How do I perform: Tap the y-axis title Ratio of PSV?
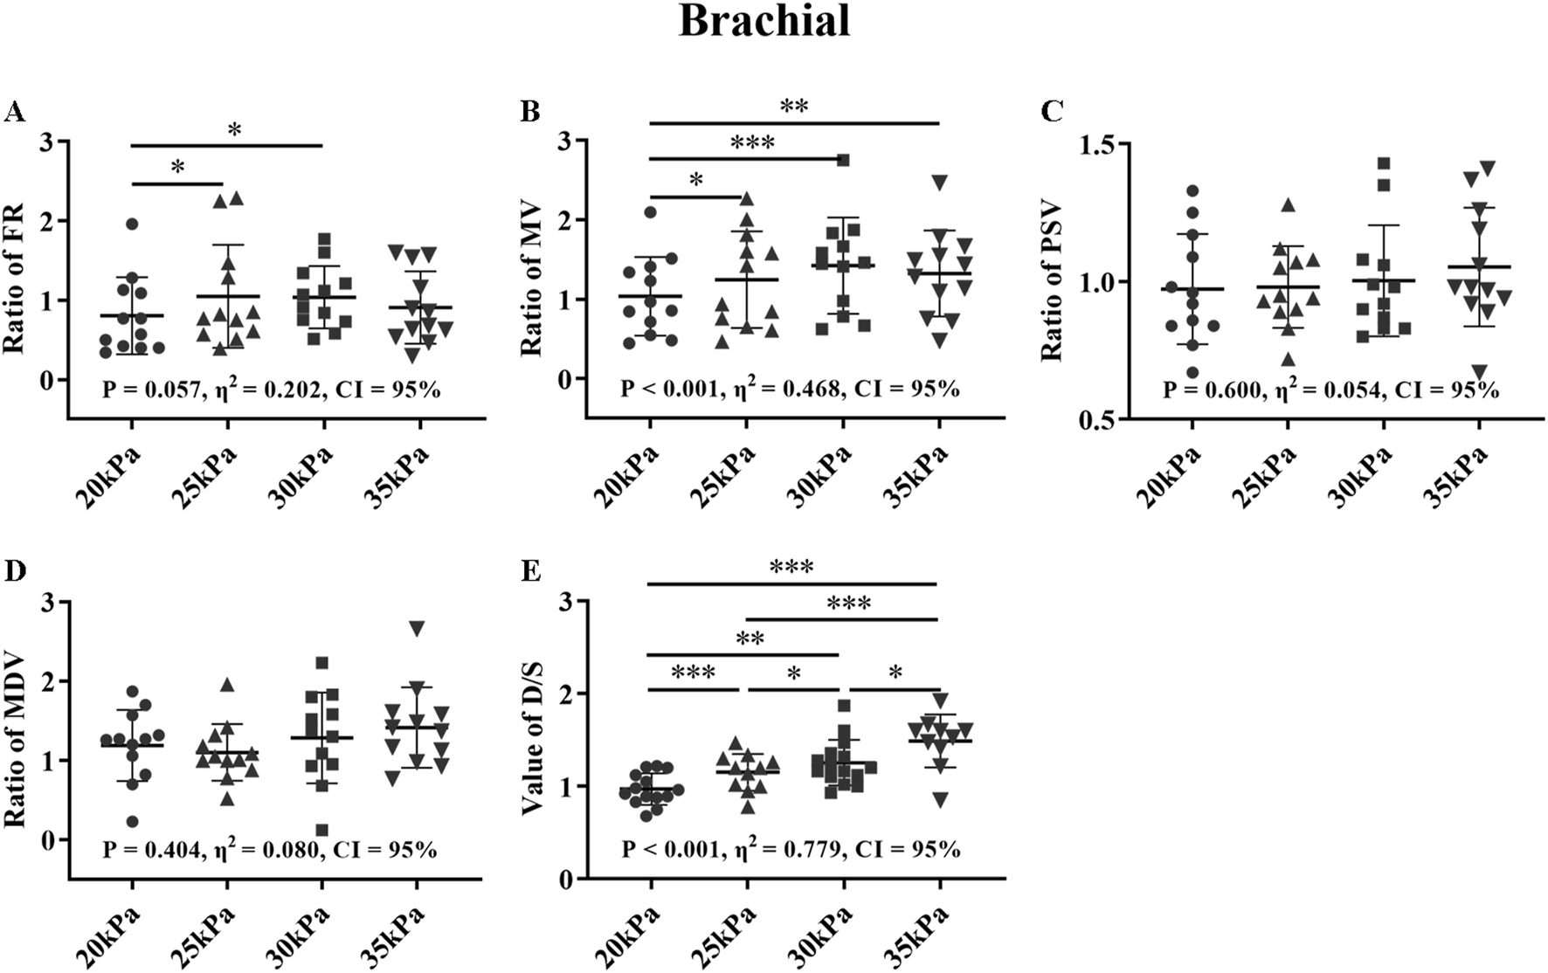coord(1052,281)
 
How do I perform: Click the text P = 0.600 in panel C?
coord(1212,390)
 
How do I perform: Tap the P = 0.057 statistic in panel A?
coord(150,390)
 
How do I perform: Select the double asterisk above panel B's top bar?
coord(793,107)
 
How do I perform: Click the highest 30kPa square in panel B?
coord(843,160)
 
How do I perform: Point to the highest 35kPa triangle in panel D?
coord(418,628)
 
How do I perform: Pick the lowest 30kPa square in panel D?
coord(322,831)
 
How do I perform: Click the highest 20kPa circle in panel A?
coord(132,224)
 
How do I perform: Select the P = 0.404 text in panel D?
coord(150,849)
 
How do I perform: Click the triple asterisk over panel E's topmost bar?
coord(791,568)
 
